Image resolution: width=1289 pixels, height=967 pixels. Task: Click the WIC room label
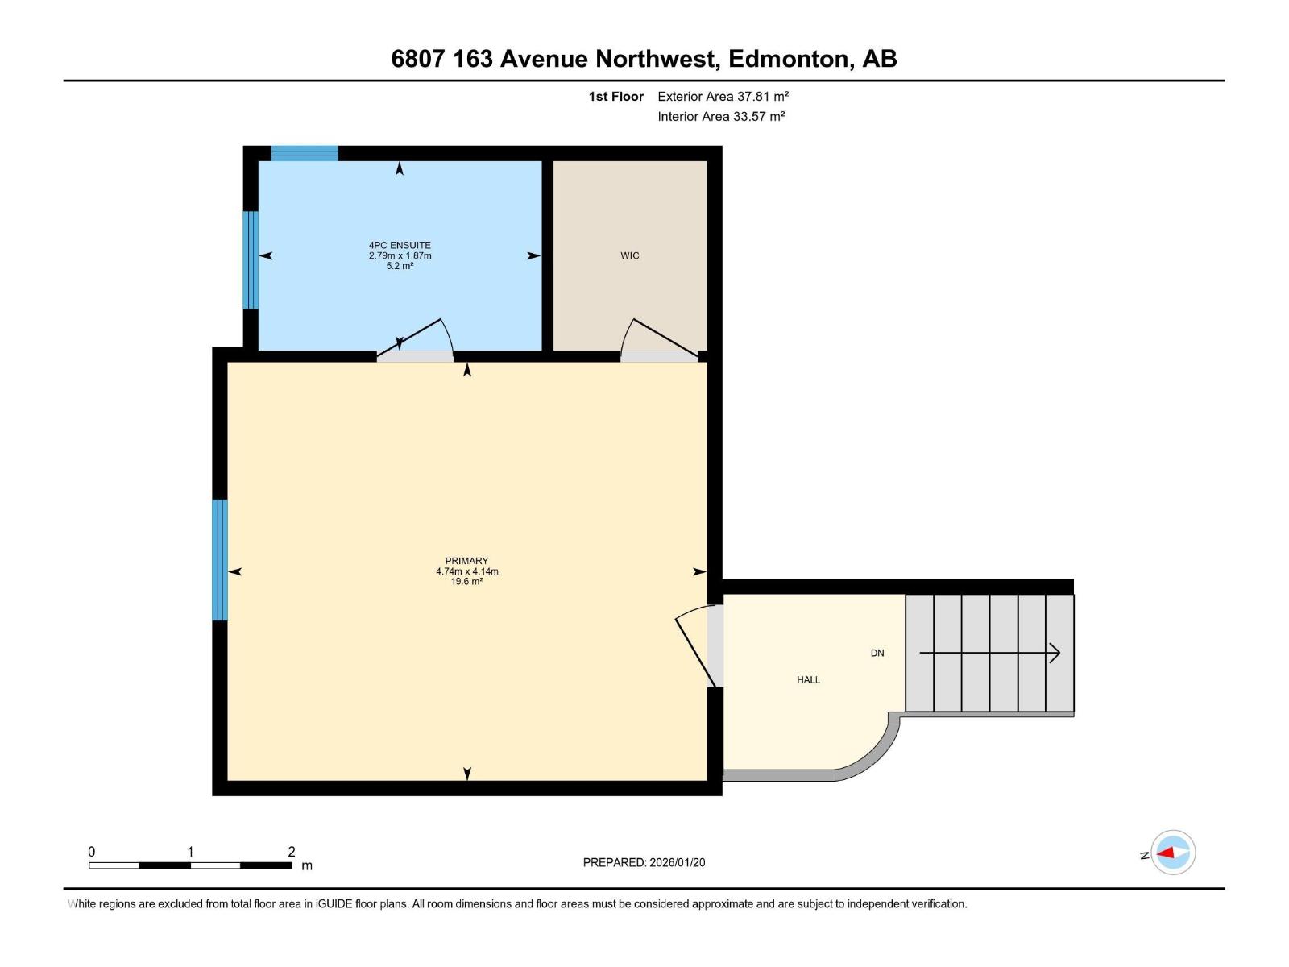[629, 255]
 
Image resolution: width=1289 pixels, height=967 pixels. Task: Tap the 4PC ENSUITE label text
[400, 245]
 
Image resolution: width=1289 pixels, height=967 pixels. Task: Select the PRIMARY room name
[466, 561]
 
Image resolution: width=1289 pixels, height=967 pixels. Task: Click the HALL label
[808, 680]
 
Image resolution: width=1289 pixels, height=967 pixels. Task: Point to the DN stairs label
[877, 654]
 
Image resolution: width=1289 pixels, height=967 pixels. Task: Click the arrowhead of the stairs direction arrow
[1055, 654]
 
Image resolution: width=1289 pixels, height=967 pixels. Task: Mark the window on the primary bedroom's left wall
[220, 560]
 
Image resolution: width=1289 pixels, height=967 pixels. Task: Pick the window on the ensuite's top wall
[304, 153]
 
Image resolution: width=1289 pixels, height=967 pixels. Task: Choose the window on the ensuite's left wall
[251, 260]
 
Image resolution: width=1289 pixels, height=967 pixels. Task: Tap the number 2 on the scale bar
[292, 852]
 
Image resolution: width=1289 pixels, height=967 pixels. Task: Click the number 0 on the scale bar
[92, 852]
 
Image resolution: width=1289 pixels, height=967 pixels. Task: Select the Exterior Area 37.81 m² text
[723, 97]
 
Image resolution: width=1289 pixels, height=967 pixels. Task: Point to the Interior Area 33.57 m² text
[721, 117]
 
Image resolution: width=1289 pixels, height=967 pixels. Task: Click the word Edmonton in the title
[790, 59]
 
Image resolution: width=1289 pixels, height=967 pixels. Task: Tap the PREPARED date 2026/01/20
[677, 862]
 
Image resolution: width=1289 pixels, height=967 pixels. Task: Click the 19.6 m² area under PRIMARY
[466, 582]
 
